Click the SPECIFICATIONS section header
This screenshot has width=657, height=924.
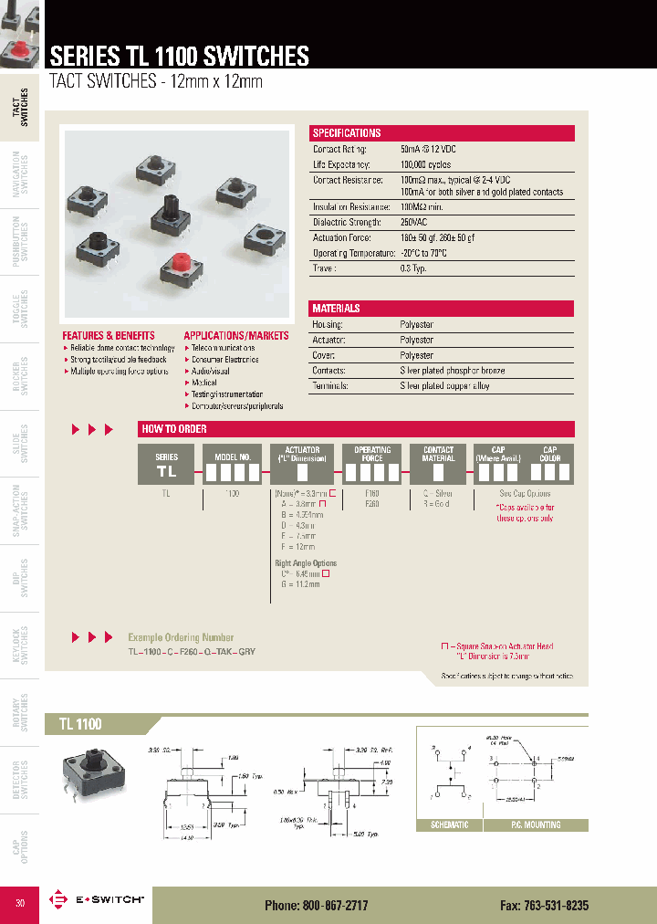tap(347, 133)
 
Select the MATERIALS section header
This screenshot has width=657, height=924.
tap(336, 309)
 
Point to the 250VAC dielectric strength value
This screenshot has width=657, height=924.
tap(415, 222)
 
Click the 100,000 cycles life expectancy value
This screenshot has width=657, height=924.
tap(428, 164)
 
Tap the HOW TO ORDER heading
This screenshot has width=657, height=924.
tap(174, 429)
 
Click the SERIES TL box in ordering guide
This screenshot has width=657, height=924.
tap(166, 465)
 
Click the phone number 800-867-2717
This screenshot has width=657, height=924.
tap(317, 905)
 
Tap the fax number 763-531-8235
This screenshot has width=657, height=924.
tap(544, 905)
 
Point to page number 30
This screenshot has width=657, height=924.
tap(21, 903)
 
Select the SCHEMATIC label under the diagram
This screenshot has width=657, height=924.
tap(449, 824)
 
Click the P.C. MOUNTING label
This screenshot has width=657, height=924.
tap(536, 824)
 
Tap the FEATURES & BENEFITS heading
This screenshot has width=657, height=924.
tap(109, 336)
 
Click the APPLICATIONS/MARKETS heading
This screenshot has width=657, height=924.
tap(236, 336)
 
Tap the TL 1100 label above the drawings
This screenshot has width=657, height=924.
tap(80, 724)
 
